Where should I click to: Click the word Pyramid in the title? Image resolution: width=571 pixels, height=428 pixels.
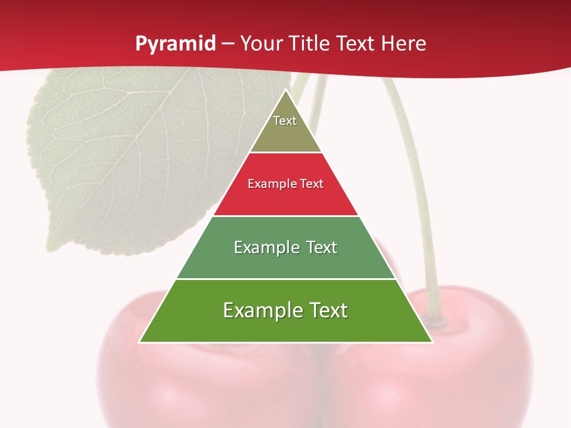point(175,44)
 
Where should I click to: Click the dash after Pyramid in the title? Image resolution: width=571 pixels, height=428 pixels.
point(228,45)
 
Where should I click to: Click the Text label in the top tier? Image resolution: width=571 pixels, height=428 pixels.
point(285,121)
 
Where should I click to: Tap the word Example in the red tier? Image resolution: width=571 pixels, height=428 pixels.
point(266,184)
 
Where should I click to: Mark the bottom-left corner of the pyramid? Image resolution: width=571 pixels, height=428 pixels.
point(139,342)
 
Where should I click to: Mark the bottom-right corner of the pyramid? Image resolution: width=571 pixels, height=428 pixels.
point(432,342)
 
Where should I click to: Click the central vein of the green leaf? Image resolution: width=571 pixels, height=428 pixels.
point(143,149)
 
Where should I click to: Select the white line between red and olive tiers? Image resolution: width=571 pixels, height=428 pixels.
point(285,153)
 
